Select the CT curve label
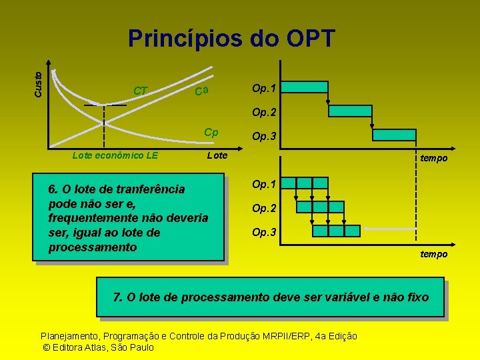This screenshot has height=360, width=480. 141,90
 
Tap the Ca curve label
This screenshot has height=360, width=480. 202,91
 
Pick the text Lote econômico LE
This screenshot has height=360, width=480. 115,155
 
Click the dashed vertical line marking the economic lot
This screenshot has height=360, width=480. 104,127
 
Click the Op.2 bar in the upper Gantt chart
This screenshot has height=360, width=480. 351,111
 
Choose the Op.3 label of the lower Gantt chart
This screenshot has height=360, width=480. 264,233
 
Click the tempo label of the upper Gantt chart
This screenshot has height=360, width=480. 433,158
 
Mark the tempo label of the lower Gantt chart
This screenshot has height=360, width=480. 433,254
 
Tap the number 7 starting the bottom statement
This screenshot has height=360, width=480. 117,297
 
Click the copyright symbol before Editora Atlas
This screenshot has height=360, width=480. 45,347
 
